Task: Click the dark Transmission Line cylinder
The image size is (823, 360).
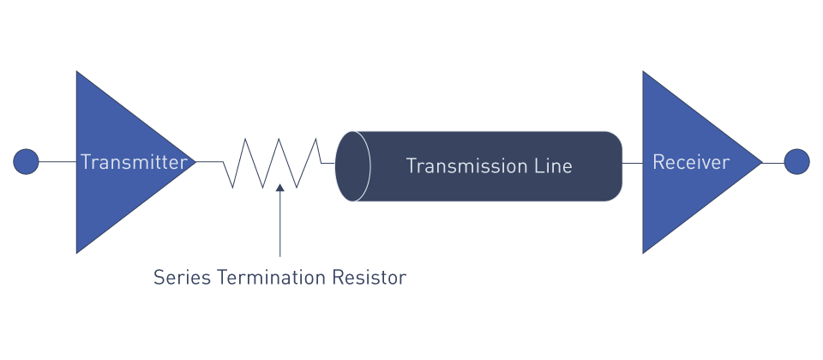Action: [x=478, y=166]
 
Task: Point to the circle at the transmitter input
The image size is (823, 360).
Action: [x=26, y=162]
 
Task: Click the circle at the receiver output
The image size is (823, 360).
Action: [x=796, y=162]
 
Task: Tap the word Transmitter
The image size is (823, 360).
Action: [x=134, y=162]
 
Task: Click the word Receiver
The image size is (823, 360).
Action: [x=691, y=162]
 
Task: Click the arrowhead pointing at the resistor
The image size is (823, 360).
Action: [x=279, y=188]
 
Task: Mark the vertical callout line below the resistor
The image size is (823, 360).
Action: [x=279, y=224]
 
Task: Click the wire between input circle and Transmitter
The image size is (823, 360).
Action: [x=57, y=162]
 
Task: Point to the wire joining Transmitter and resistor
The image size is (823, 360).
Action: [x=209, y=162]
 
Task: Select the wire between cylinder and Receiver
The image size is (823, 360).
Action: [x=633, y=163]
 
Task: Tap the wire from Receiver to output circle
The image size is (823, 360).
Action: [x=773, y=163]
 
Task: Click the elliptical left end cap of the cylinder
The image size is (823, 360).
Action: [x=352, y=166]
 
